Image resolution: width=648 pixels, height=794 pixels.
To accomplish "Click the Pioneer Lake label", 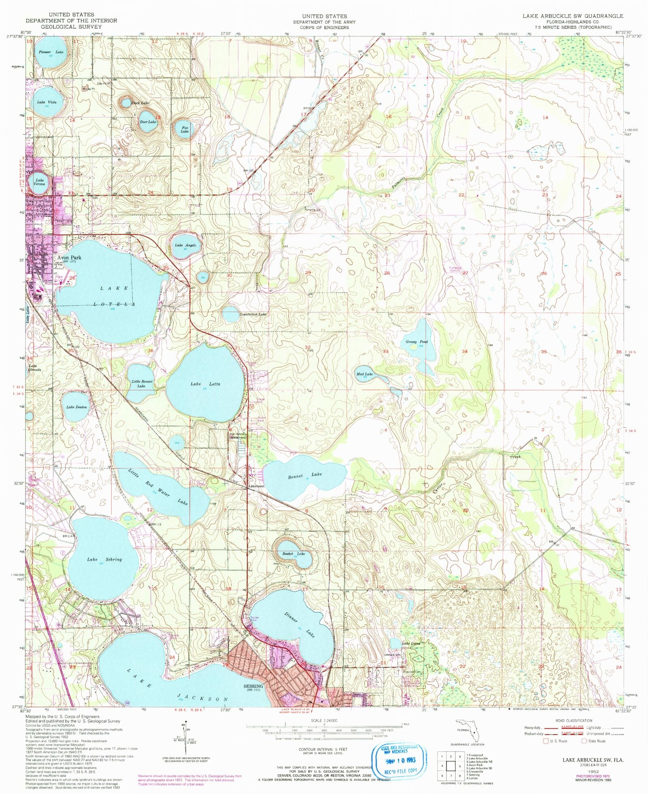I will click(51, 52).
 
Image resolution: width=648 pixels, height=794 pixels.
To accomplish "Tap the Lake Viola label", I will click(47, 102).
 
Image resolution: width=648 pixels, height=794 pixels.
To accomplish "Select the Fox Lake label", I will click(185, 129).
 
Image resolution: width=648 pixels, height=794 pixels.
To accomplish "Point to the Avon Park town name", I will click(69, 257).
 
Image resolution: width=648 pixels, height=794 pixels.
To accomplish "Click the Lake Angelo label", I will click(185, 245).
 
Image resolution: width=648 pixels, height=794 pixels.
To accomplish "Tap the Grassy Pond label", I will click(417, 342).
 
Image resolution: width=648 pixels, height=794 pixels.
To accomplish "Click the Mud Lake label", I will click(364, 374).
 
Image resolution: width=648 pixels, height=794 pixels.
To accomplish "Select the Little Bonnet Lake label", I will click(142, 384).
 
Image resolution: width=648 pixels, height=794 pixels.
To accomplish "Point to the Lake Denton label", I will click(77, 407).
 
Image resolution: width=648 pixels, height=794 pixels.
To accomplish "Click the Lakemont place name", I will click(256, 486).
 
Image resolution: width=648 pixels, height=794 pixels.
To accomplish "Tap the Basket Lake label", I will click(294, 554).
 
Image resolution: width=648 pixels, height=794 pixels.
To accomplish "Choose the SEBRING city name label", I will click(253, 686).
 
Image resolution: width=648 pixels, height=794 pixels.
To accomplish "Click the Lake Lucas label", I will click(411, 643).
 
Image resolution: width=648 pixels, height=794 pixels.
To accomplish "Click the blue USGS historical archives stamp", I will click(399, 760).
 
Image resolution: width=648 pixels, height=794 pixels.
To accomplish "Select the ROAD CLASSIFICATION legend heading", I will click(574, 720).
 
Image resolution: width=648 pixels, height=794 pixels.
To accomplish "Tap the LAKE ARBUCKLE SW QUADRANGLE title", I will click(573, 16).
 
